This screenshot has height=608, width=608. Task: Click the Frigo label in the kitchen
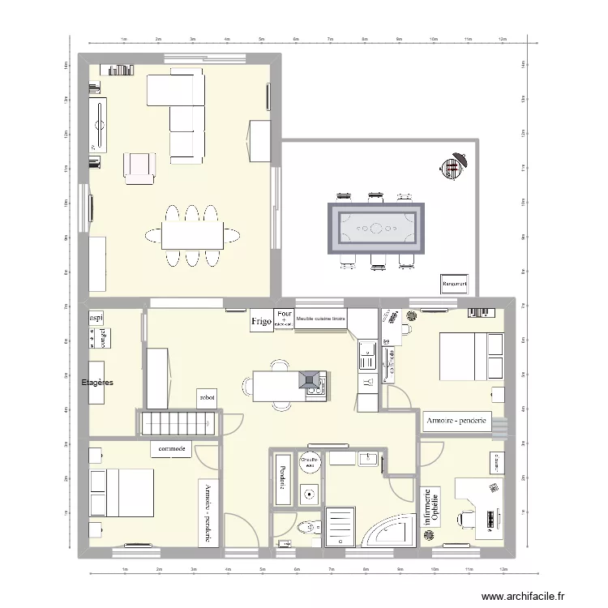click(x=261, y=321)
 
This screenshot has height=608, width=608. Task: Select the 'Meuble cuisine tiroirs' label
click(x=321, y=319)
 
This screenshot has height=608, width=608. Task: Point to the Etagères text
click(x=98, y=381)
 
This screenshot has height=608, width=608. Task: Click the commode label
click(x=171, y=448)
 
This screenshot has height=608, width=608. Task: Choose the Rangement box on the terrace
click(x=455, y=284)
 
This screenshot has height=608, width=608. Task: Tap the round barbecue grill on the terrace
click(x=454, y=167)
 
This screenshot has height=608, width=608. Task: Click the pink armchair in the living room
click(x=139, y=165)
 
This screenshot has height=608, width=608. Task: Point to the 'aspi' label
click(x=96, y=318)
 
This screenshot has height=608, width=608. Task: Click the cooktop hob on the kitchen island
click(x=310, y=381)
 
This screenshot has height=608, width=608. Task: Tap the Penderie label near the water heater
click(x=282, y=475)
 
